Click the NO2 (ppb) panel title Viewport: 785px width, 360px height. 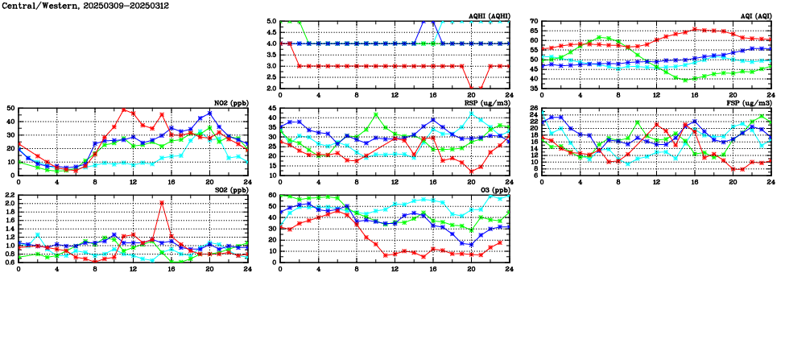point(229,103)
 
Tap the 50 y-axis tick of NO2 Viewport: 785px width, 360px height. point(10,108)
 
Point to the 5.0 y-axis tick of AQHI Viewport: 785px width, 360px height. point(270,21)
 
